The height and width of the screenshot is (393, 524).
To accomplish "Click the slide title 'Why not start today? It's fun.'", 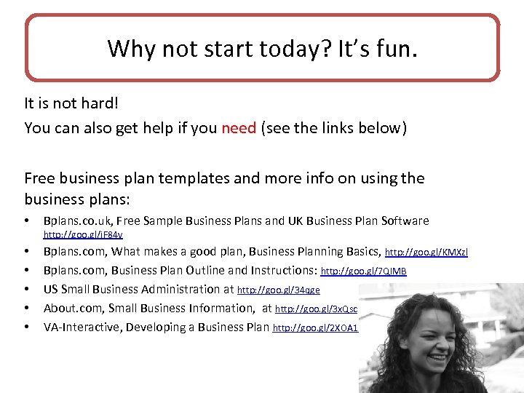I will click(x=263, y=49).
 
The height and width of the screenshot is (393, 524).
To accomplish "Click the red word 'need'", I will click(x=239, y=129).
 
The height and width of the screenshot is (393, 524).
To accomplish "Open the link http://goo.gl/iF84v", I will click(x=83, y=234).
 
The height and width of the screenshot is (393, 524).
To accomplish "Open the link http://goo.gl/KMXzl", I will click(x=426, y=253).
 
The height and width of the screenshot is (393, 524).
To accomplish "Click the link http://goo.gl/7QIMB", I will click(x=364, y=271).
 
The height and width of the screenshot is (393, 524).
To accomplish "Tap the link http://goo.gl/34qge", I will click(x=279, y=290).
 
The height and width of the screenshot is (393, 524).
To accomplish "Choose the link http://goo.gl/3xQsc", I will click(x=316, y=309).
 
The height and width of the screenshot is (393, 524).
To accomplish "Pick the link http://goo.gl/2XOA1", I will click(x=315, y=328).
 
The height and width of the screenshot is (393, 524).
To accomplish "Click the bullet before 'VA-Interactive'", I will click(x=27, y=327).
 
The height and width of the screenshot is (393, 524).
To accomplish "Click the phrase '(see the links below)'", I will click(x=333, y=129).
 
